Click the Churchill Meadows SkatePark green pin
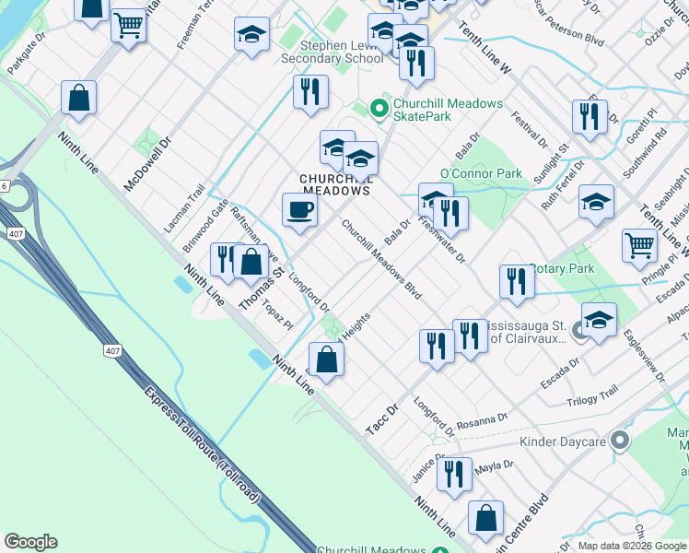coord(378,110)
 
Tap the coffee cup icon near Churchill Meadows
coord(299,210)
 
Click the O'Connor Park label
coord(481,173)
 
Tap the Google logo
coord(30,541)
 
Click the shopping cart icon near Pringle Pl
coord(639,246)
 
